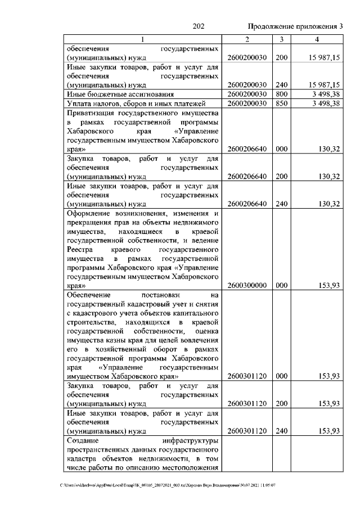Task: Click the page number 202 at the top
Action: (197, 26)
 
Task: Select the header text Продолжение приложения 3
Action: (295, 26)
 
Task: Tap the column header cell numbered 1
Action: (142, 39)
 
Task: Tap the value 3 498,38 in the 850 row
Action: (324, 103)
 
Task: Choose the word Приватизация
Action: (91, 113)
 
